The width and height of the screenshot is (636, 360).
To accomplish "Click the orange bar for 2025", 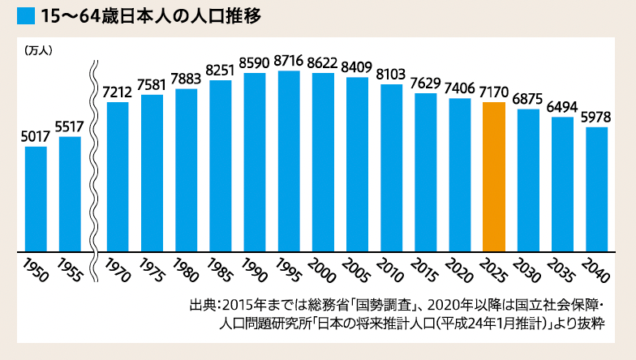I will coord(493,176).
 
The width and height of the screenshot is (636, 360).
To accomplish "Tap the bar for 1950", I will coord(36,198).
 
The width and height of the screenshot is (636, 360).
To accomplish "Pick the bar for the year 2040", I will coord(596,188).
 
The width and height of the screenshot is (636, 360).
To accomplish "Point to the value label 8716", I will coord(289,61).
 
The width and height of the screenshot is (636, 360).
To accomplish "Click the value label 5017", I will coord(36,137).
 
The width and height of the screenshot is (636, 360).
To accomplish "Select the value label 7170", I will coord(493,92).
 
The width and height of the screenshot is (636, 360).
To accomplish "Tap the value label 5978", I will coord(596,117).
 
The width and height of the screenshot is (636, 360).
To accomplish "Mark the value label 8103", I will coord(391,74).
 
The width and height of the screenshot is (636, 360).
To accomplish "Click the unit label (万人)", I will coord(38,49).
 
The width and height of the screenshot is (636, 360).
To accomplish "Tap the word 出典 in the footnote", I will coord(201,306).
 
